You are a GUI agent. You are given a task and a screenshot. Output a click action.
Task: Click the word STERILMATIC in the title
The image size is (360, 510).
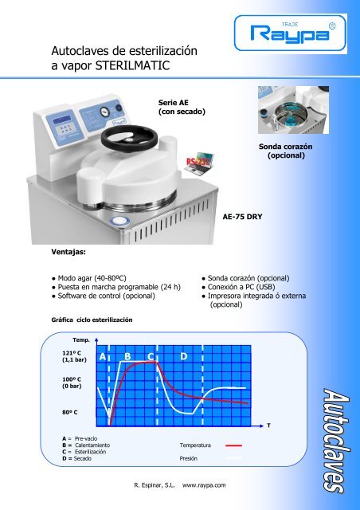139,65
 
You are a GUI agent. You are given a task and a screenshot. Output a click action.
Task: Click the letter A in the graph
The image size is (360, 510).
102,358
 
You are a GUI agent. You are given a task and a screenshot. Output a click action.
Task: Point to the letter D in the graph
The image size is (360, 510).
183,356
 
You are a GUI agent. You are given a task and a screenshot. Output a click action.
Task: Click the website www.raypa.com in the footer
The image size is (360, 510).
205,484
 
